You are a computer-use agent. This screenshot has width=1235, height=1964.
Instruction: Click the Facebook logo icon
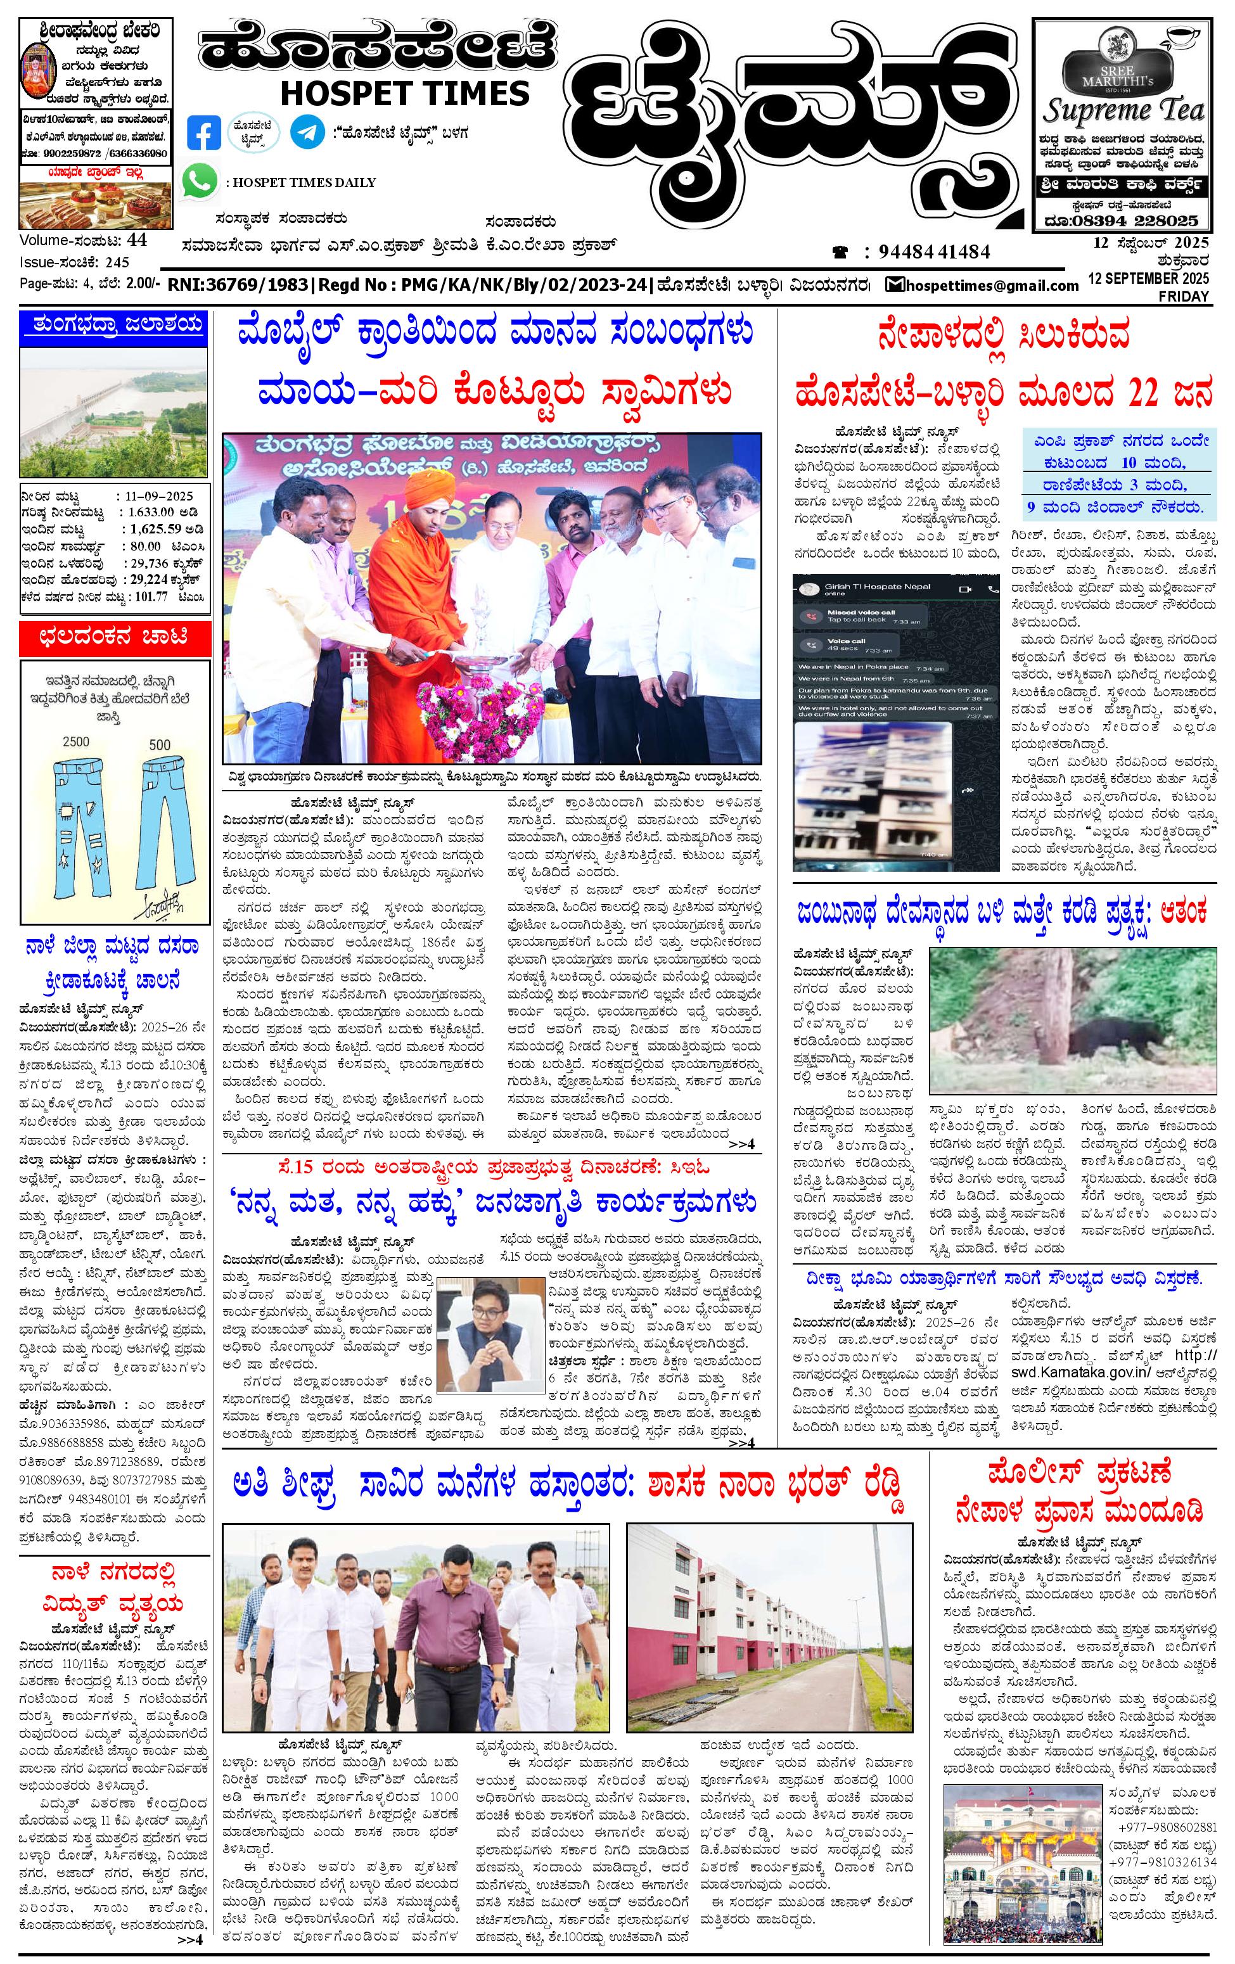point(203,132)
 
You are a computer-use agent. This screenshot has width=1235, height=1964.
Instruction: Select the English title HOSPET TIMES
point(405,93)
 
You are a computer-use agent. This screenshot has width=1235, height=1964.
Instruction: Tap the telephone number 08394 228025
point(1124,220)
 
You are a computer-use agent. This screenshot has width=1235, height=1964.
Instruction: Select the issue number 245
point(117,263)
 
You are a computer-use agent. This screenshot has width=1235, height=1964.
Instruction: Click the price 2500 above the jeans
point(76,743)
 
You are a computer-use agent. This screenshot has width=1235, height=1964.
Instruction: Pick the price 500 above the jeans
point(160,744)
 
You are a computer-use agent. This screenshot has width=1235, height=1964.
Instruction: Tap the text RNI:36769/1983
point(239,286)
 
